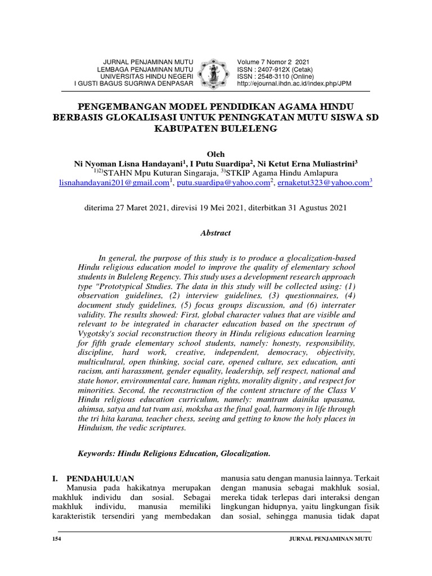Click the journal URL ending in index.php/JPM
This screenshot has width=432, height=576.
click(294, 83)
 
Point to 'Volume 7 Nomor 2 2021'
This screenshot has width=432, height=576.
click(273, 62)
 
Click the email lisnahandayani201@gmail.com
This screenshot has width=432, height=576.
click(114, 183)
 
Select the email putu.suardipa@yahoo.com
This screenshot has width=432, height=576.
click(223, 183)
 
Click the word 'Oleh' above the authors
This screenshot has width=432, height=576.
click(215, 154)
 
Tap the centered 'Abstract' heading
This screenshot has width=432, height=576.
click(215, 232)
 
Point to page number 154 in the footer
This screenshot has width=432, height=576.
click(56, 539)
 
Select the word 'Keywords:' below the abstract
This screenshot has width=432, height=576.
click(97, 453)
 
